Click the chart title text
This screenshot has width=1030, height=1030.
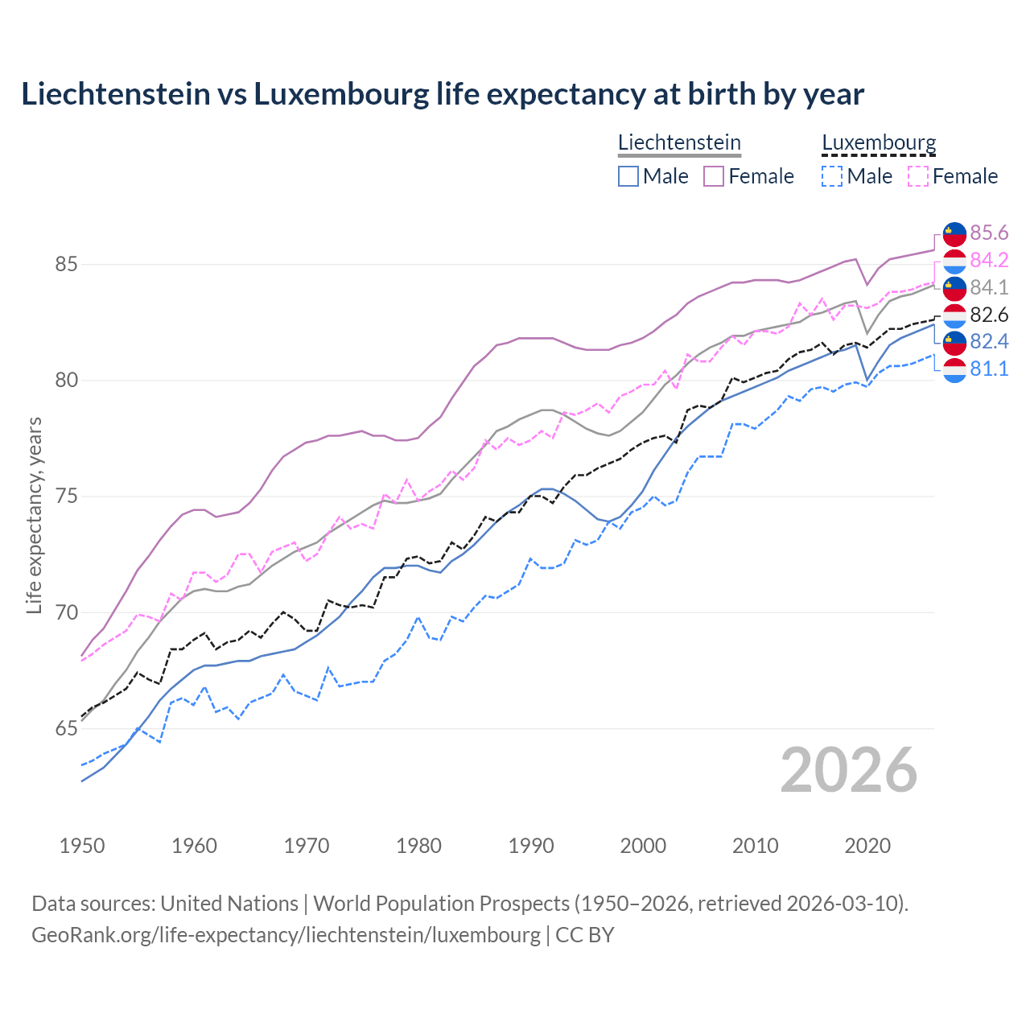[x=443, y=94]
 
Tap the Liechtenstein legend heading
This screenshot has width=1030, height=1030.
[x=679, y=142]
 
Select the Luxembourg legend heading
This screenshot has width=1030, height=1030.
[x=879, y=142]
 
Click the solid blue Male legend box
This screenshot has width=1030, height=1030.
[x=628, y=176]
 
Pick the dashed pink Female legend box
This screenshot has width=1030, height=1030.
[x=918, y=176]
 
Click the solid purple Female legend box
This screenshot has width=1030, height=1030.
[x=714, y=176]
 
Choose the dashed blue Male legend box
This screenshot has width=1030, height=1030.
[x=832, y=176]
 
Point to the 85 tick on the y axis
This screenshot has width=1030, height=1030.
[x=66, y=264]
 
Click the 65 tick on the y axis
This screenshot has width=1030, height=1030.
[x=66, y=729]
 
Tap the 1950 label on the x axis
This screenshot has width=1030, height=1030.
[x=82, y=846]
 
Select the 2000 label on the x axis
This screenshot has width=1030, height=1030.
[x=643, y=846]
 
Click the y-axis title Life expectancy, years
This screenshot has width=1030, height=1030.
[x=34, y=515]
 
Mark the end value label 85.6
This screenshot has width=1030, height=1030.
[x=989, y=233]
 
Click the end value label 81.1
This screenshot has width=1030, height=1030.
[x=989, y=369]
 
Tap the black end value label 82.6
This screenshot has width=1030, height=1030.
[x=989, y=315]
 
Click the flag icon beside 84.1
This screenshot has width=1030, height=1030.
[x=954, y=287]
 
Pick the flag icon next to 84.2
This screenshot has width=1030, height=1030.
[x=954, y=261]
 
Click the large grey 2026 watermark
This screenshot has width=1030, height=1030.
[x=848, y=770]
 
